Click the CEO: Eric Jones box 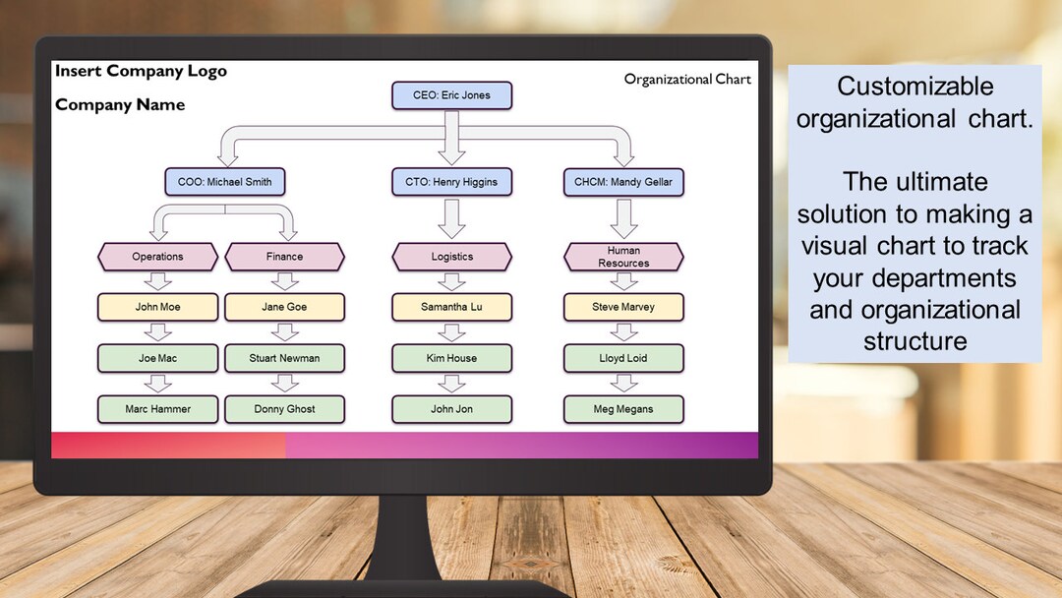[x=451, y=95]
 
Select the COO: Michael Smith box [x=225, y=182]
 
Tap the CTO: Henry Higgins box [x=451, y=182]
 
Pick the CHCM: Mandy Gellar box [x=623, y=182]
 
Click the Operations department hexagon [x=157, y=257]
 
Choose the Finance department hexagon [x=284, y=257]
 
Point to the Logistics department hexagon [x=451, y=257]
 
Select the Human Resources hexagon [x=623, y=257]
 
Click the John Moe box [x=157, y=307]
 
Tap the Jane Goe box [x=284, y=307]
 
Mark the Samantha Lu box [x=451, y=307]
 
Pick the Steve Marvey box [x=623, y=307]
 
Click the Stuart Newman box [x=284, y=358]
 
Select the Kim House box [x=451, y=358]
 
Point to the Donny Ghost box [x=284, y=409]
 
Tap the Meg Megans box [x=623, y=409]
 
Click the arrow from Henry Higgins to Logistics [x=451, y=218]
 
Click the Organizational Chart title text [x=687, y=80]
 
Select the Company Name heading [x=120, y=105]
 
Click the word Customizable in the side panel [x=914, y=87]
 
